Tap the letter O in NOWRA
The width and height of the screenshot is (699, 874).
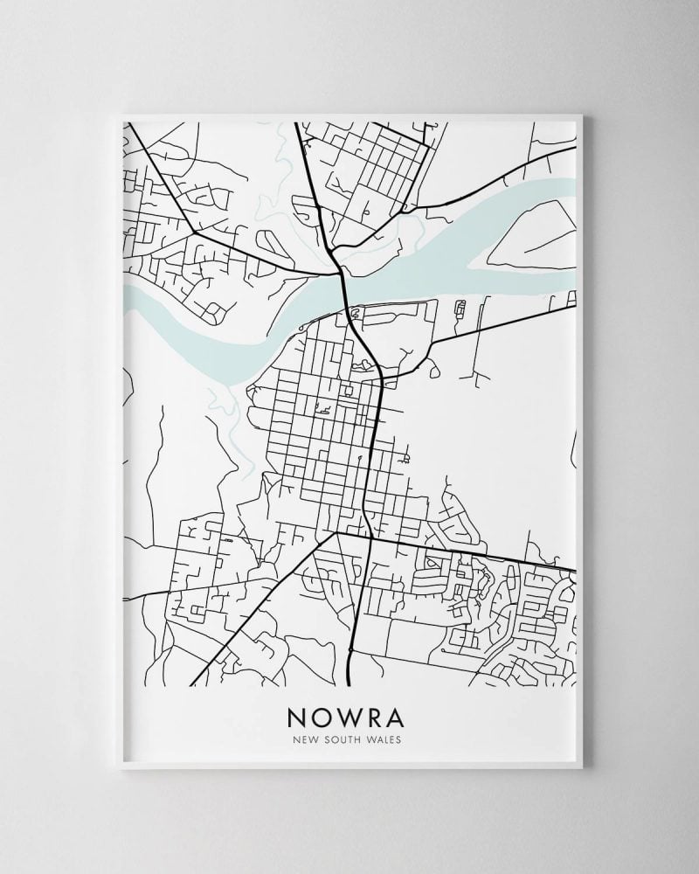(x=325, y=717)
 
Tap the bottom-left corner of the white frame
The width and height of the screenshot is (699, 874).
(x=121, y=768)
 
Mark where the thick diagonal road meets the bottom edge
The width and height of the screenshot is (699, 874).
(x=190, y=685)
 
